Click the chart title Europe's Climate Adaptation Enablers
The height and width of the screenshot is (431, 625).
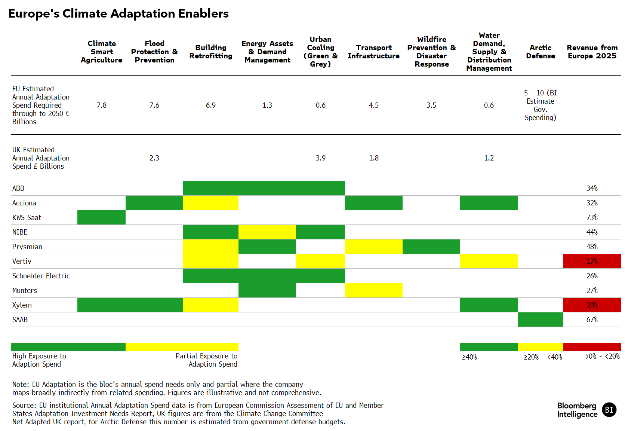point(118,14)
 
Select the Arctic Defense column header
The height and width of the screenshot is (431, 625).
point(540,52)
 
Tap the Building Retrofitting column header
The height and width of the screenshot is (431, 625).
point(211,52)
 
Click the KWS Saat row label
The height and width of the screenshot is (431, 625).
point(27,217)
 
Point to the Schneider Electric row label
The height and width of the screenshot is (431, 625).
point(41,276)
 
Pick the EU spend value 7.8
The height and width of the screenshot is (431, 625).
point(102,105)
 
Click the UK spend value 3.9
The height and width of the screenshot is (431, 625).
point(321,158)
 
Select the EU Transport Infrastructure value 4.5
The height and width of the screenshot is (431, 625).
point(373,105)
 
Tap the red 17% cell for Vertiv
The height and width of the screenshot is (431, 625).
point(592,261)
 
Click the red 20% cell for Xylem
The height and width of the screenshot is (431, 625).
point(592,305)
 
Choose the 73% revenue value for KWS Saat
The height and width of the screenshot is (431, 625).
point(592,217)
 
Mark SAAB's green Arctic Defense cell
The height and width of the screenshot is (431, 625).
point(541,319)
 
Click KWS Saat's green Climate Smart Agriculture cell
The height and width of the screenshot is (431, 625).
point(102,217)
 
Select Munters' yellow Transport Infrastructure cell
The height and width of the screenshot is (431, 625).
point(373,290)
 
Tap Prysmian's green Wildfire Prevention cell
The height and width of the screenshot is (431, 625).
point(431,247)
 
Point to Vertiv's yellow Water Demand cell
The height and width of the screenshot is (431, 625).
point(489,261)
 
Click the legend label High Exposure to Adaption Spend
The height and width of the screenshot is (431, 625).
point(39,360)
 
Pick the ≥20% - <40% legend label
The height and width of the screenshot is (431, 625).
point(543,357)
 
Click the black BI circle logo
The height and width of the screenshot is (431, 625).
point(609,410)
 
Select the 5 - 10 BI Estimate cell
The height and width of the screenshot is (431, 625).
point(540,105)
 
